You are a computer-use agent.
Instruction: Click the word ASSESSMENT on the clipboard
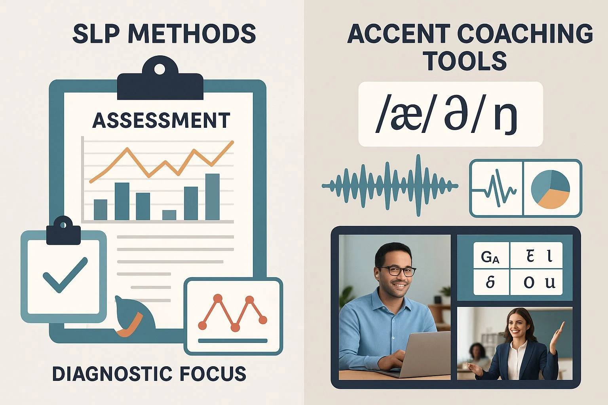(x=161, y=121)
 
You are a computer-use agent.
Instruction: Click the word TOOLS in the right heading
(x=466, y=61)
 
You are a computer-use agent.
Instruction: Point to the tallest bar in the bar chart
(x=213, y=197)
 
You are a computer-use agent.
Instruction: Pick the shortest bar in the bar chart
(x=169, y=215)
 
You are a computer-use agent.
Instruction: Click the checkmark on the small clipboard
(x=65, y=275)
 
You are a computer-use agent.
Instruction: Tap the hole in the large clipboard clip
(x=160, y=70)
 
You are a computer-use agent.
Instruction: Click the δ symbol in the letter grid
(x=490, y=282)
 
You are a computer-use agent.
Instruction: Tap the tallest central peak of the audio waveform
(x=418, y=185)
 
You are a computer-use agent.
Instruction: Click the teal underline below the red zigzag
(x=233, y=341)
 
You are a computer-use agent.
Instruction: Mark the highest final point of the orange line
(x=232, y=142)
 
